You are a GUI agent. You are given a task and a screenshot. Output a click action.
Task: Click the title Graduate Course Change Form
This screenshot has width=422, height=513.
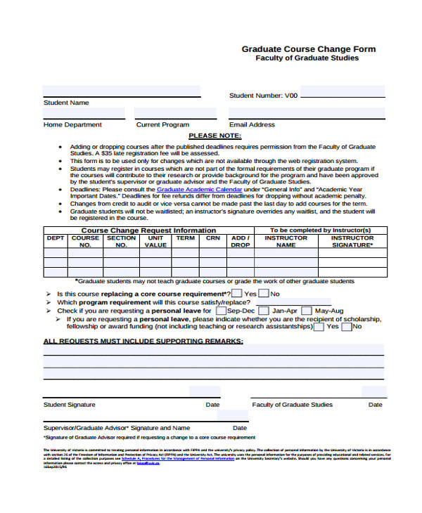[x=309, y=49]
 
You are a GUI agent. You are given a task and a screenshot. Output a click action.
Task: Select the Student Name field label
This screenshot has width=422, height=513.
[x=66, y=103]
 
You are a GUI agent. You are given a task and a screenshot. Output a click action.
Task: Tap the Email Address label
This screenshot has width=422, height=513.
[x=252, y=124]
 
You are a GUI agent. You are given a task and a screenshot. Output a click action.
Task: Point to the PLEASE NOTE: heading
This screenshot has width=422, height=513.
[x=215, y=136]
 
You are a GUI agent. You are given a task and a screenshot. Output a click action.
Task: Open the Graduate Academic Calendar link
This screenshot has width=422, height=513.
[x=199, y=190]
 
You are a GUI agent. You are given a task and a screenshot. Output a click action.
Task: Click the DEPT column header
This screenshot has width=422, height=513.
[x=56, y=238]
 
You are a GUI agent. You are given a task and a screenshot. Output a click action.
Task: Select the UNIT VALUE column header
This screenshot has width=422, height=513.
[x=155, y=242]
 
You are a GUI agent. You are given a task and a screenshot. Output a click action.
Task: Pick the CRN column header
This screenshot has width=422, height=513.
[x=212, y=238]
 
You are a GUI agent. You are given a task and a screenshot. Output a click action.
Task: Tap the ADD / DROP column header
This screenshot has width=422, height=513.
[x=241, y=242]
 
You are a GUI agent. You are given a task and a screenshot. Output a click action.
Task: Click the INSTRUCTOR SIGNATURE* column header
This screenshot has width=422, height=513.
[x=352, y=242]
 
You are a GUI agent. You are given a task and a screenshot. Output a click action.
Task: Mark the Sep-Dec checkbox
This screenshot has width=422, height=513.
[x=221, y=311]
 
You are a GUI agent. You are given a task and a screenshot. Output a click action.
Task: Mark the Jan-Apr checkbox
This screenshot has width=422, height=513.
[x=264, y=311]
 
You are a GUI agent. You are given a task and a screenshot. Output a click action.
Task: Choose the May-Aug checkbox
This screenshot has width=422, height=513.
[x=307, y=311]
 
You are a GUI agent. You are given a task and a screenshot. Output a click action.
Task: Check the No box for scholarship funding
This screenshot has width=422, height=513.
[x=346, y=327]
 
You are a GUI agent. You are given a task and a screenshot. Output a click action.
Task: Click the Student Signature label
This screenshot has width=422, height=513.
[x=70, y=405]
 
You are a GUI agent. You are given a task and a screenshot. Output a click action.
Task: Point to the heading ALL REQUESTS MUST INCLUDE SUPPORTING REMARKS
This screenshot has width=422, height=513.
[x=143, y=342]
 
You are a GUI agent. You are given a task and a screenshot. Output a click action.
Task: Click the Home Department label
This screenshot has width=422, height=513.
[x=72, y=124]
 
